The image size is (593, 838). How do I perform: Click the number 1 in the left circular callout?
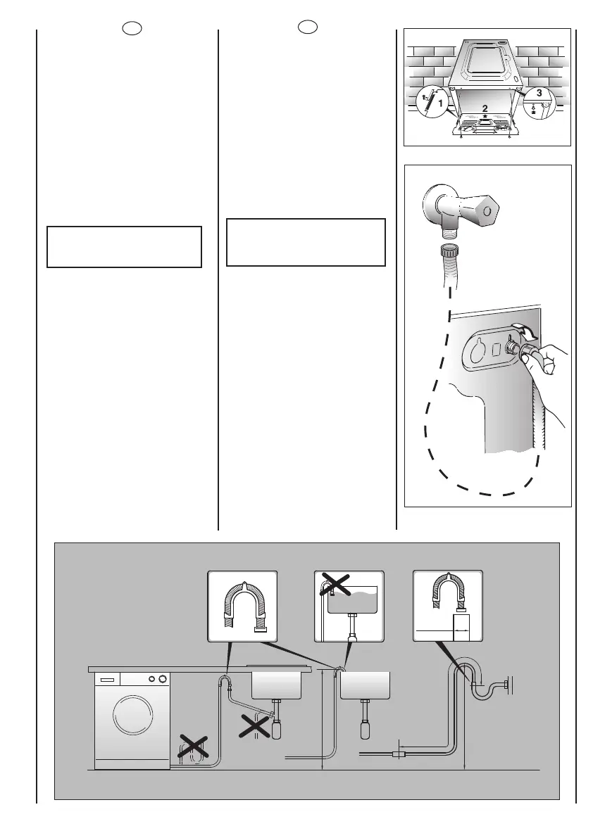441,103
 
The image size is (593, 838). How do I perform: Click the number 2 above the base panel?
485,108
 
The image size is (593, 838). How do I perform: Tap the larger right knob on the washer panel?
163,680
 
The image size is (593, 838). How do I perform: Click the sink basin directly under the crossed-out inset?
366,684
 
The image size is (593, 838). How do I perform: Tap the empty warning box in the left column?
125,247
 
